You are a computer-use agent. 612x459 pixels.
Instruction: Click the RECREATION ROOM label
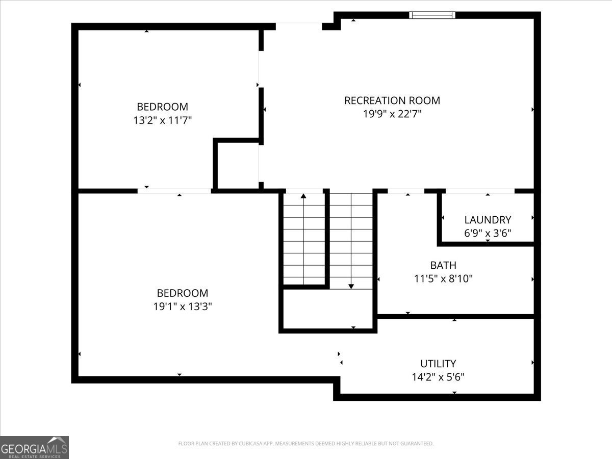[392, 100]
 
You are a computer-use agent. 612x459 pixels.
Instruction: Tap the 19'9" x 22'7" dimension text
[392, 114]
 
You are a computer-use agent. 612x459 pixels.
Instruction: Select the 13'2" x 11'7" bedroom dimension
[163, 120]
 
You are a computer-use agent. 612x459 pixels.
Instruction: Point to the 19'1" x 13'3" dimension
[183, 307]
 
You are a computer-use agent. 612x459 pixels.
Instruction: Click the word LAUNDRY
[488, 220]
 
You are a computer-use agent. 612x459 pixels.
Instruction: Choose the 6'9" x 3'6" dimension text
[488, 233]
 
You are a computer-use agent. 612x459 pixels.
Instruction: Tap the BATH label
[443, 265]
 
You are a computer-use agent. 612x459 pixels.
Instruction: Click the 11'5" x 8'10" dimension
[443, 278]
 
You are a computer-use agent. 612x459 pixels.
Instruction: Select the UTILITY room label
[438, 364]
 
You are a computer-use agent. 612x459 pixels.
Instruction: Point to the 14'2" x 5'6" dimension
[438, 377]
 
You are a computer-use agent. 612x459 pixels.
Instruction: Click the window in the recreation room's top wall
[432, 15]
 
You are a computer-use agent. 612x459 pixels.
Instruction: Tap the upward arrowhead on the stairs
[303, 196]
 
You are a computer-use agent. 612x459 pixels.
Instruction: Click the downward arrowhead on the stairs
[351, 287]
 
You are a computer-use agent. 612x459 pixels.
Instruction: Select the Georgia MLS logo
[34, 447]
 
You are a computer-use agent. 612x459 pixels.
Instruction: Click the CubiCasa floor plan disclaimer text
[306, 443]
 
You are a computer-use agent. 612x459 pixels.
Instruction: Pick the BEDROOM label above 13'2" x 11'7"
[163, 107]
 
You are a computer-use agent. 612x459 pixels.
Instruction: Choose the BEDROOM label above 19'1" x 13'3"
[183, 293]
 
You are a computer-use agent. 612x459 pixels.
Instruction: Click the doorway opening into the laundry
[480, 191]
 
